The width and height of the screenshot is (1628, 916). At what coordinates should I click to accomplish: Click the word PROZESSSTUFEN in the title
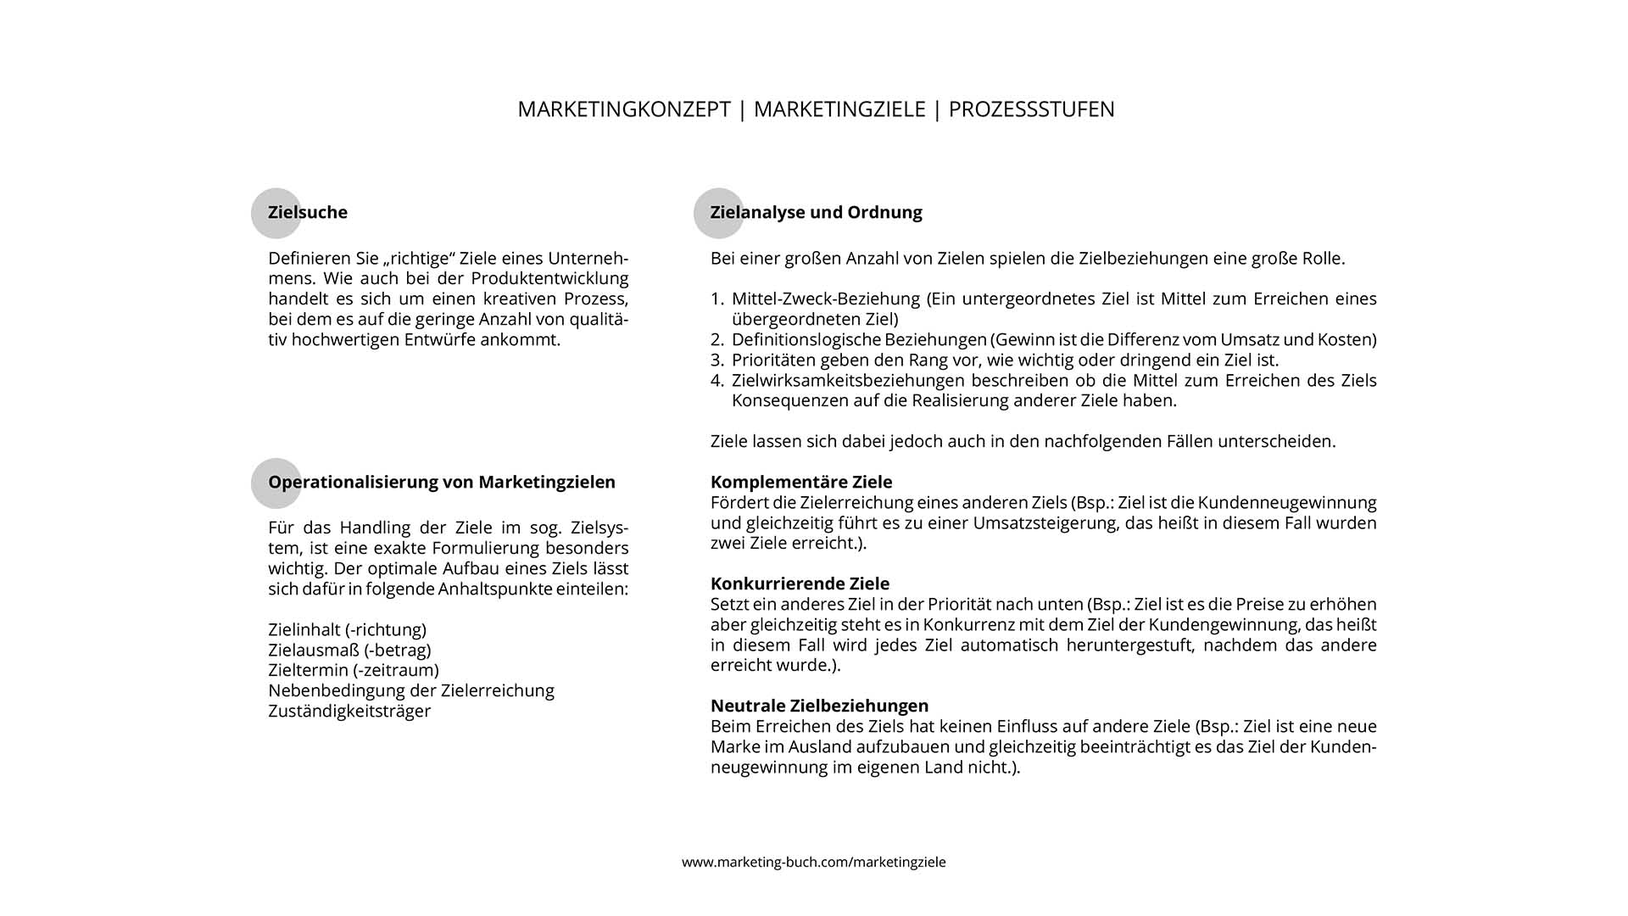pyautogui.click(x=1031, y=109)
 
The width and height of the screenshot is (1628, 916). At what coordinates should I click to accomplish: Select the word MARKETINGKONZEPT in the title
pyautogui.click(x=624, y=109)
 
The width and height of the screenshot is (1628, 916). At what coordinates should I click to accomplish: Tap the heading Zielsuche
pyautogui.click(x=308, y=212)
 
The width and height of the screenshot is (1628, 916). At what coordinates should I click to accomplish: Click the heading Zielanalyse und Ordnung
pyautogui.click(x=816, y=212)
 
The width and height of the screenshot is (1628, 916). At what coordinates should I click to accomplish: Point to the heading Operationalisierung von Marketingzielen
pyautogui.click(x=442, y=482)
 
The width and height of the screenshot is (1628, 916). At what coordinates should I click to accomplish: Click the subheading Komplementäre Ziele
pyautogui.click(x=801, y=482)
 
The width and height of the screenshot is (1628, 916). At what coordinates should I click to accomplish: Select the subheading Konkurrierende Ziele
pyautogui.click(x=800, y=584)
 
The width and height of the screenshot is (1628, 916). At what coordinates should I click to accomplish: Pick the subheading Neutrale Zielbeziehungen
pyautogui.click(x=819, y=706)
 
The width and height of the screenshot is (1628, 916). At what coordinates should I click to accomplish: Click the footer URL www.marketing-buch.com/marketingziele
pyautogui.click(x=814, y=862)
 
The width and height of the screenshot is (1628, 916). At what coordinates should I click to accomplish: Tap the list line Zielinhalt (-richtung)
pyautogui.click(x=347, y=629)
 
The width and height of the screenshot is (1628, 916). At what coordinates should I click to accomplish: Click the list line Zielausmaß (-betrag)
pyautogui.click(x=349, y=650)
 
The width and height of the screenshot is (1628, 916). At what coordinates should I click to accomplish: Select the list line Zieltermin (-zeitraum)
pyautogui.click(x=354, y=670)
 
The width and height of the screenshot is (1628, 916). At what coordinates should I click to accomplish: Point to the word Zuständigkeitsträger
pyautogui.click(x=349, y=711)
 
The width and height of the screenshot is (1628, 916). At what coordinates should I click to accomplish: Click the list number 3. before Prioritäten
pyautogui.click(x=717, y=360)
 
